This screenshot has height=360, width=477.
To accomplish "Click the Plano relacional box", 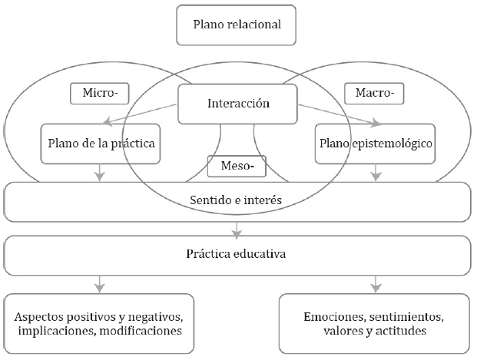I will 237,25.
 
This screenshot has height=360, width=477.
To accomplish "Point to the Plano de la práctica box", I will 101,143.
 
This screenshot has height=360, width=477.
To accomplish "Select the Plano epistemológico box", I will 375,143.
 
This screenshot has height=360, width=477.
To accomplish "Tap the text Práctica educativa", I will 237,253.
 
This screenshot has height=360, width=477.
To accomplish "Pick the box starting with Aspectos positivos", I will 101,322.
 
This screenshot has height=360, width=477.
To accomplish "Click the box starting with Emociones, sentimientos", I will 375,322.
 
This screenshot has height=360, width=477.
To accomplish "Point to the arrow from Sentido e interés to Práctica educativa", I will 237,227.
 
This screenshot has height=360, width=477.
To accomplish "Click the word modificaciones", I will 150,331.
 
